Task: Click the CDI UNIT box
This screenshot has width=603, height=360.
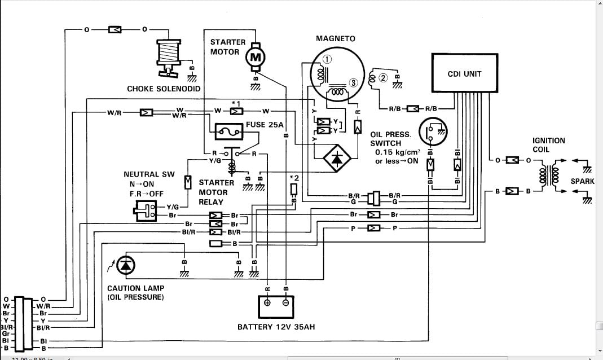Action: click(x=464, y=73)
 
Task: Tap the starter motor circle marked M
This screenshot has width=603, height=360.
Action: click(x=256, y=56)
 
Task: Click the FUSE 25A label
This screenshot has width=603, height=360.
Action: click(x=265, y=125)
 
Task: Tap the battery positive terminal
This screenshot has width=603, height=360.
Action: click(x=268, y=302)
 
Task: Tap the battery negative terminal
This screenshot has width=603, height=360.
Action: click(x=285, y=302)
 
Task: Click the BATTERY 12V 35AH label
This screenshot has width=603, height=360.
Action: click(x=276, y=327)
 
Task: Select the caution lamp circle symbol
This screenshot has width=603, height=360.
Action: click(x=126, y=265)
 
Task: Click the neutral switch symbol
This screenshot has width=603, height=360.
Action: click(x=147, y=211)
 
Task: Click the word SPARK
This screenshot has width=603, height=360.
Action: click(x=582, y=182)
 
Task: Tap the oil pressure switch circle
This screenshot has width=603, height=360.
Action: click(x=433, y=132)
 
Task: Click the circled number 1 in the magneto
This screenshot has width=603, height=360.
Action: click(x=327, y=59)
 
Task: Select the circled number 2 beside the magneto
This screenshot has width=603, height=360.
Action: click(x=382, y=78)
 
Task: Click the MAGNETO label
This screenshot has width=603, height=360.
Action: click(x=335, y=38)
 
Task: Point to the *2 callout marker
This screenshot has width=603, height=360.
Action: click(x=294, y=178)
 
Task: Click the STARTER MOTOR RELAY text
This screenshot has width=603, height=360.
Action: click(x=215, y=192)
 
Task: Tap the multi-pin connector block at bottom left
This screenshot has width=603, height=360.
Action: click(x=20, y=323)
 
